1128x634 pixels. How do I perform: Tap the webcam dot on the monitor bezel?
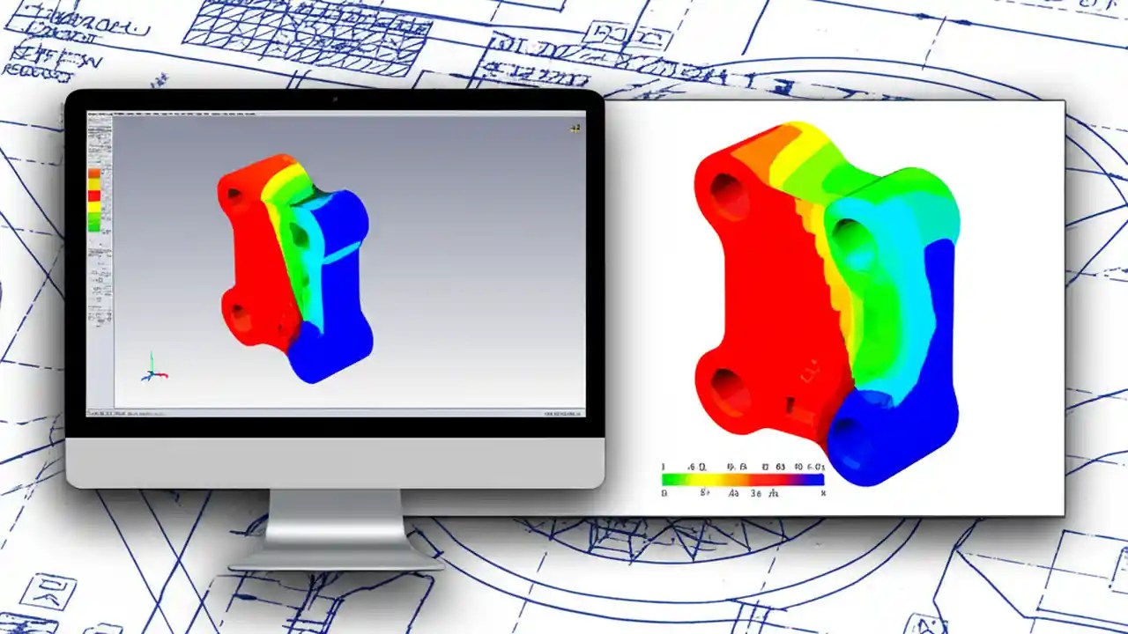(335, 99)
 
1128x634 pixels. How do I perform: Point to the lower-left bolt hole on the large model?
(728, 388)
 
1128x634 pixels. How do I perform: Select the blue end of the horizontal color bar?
(811, 480)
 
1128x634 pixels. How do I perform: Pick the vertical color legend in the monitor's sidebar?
(94, 198)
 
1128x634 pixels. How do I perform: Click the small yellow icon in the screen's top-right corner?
(575, 129)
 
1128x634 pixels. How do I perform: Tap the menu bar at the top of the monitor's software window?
(335, 113)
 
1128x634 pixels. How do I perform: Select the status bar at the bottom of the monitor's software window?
(335, 411)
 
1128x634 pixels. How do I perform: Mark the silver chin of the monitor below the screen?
(335, 462)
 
